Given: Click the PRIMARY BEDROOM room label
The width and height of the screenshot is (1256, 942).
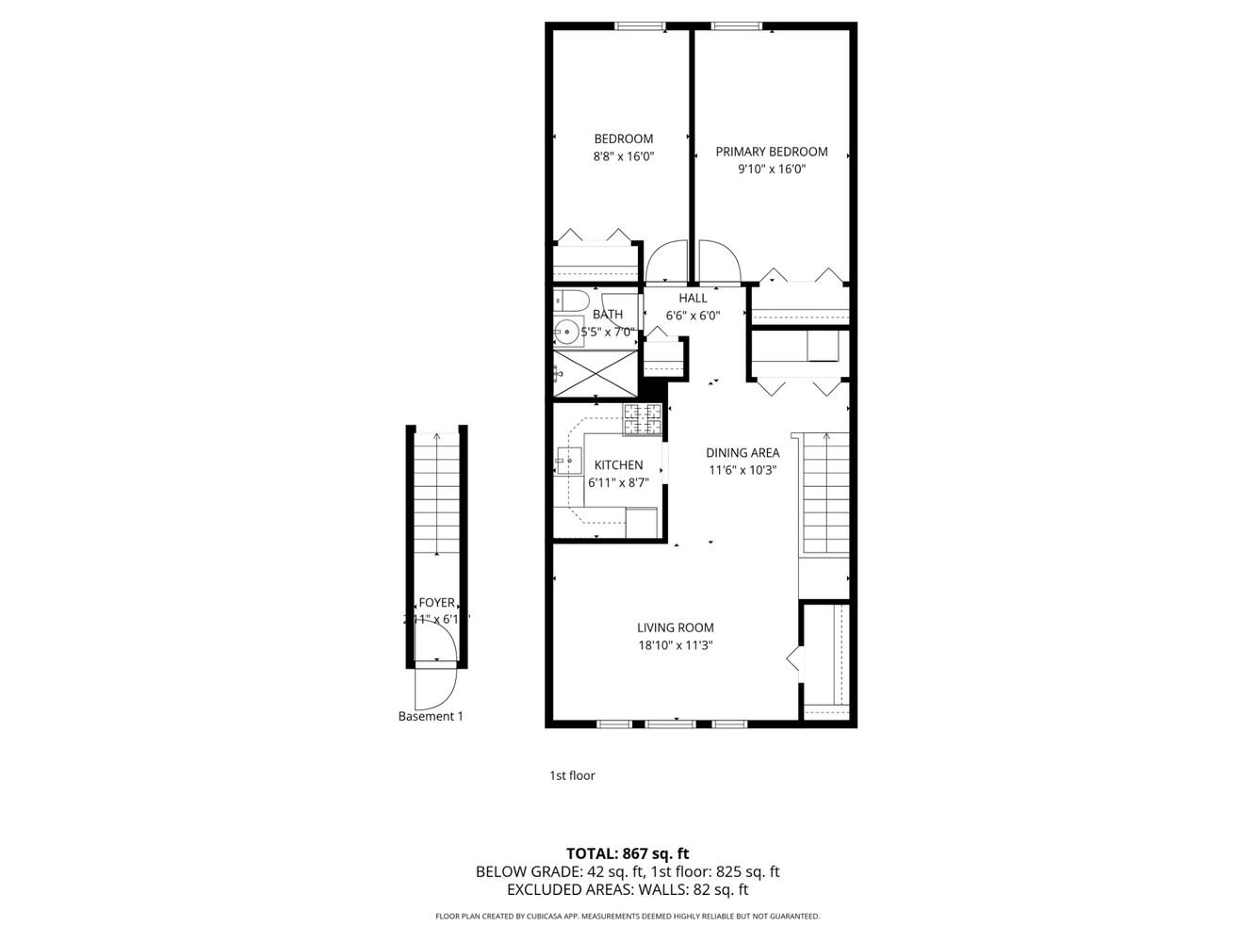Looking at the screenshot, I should pos(771,152).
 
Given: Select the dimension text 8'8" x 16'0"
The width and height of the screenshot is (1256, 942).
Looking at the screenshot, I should pos(623,157).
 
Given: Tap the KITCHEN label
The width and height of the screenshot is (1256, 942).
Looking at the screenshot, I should pos(618,465).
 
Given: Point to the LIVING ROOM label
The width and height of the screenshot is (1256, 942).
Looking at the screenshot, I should pos(675,628).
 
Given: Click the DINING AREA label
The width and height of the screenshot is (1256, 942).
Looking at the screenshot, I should pos(742,453).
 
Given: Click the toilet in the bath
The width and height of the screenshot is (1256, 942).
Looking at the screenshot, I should pos(568,301).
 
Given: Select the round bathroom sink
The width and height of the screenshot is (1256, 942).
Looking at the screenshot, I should pos(567,332).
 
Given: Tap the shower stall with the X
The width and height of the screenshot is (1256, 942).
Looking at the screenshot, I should pos(595,372).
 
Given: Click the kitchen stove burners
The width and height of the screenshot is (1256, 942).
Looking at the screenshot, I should pos(642,420).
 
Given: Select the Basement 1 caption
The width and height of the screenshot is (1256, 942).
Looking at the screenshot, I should pos(431,717).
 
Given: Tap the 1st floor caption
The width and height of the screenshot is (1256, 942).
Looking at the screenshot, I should pos(572,776).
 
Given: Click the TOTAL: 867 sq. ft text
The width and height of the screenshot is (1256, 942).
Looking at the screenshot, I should pos(628,854).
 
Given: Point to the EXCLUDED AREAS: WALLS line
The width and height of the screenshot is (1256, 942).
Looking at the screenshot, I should pos(628,889).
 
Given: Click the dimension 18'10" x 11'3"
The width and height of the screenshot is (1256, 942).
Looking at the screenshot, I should pos(675,646).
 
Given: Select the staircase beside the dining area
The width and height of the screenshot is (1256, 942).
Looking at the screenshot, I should pos(825,495).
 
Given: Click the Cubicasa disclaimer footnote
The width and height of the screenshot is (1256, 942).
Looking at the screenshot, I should pos(628,917).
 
